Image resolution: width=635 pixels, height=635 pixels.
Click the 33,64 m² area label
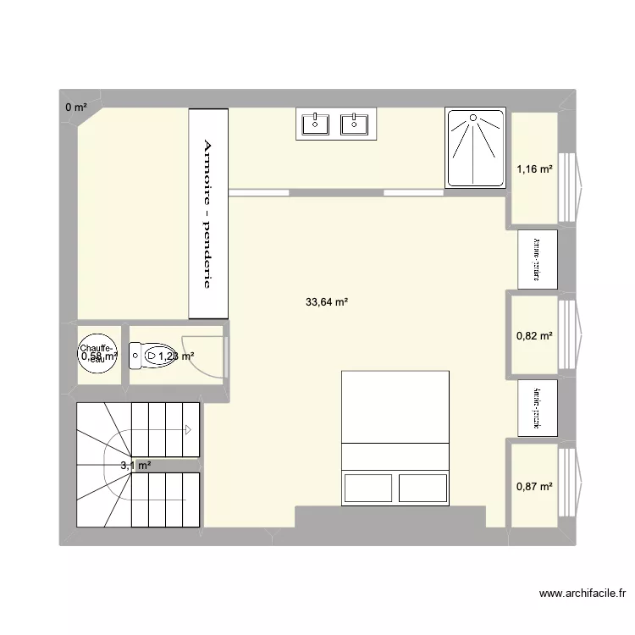tap(328, 301)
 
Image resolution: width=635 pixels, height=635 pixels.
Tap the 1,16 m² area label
tap(534, 169)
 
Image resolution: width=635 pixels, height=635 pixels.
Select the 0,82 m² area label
tap(534, 336)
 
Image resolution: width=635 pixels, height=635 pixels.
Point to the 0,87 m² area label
tap(534, 486)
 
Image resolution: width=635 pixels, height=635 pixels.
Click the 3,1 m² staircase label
tap(135, 465)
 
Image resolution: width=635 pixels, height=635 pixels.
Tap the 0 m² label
tap(76, 107)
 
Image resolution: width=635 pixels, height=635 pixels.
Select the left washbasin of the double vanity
tap(315, 124)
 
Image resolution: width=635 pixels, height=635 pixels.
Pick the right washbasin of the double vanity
tap(353, 124)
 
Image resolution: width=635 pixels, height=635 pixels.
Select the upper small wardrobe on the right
tap(538, 259)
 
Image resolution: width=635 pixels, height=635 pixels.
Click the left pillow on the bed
tap(367, 489)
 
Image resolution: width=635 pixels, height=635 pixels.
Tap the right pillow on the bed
tap(422, 489)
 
